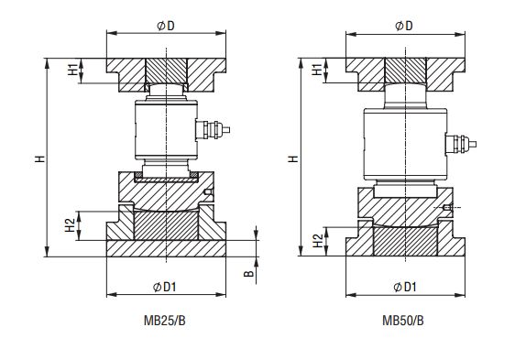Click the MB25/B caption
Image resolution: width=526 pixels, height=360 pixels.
pos(164,321)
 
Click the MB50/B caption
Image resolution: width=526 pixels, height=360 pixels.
pos(403,321)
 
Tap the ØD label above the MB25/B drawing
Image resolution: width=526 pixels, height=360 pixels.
pos(166,26)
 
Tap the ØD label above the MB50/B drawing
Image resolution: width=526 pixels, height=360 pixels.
pos(404,26)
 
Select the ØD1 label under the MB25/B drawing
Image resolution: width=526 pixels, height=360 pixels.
pos(164,287)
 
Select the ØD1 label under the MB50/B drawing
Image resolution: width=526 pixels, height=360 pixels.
pos(404,287)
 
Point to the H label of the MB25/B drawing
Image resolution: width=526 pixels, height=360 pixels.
pos(40,158)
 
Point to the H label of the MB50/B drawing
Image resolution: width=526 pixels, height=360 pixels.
pos(293,158)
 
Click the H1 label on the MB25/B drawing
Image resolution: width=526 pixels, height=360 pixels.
pos(72,69)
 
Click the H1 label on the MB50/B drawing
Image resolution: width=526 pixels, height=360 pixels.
pos(317,70)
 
